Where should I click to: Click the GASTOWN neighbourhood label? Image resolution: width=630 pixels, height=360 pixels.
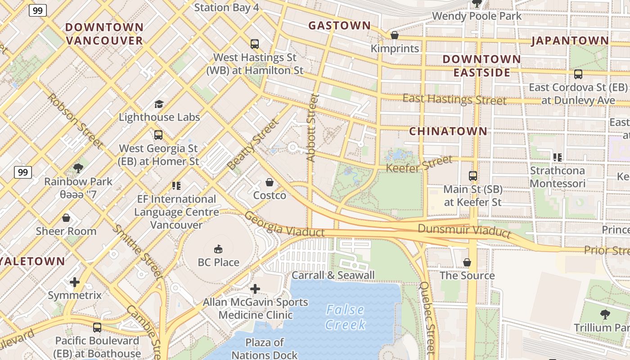(x=339, y=26)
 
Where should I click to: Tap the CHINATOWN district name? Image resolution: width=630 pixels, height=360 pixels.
(x=448, y=131)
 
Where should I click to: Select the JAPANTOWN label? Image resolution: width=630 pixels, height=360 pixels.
(x=570, y=41)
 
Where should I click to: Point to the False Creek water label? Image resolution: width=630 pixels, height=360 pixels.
(x=346, y=317)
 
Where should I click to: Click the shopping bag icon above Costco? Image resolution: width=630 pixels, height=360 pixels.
(x=270, y=182)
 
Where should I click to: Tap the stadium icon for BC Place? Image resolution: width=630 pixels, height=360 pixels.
(x=218, y=249)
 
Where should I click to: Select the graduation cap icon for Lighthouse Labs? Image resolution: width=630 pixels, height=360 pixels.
(x=159, y=104)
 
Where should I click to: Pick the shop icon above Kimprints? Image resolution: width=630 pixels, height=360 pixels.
(x=395, y=35)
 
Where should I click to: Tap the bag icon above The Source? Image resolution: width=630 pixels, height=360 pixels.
(x=467, y=262)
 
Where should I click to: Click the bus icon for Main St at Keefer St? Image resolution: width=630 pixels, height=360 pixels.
(x=472, y=176)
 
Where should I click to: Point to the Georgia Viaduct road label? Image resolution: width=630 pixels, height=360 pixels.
(x=284, y=225)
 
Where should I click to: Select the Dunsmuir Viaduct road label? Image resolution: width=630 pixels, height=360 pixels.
(x=464, y=230)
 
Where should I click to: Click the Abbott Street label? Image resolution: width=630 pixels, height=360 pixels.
(x=312, y=127)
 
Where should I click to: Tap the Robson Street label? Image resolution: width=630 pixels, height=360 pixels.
(x=75, y=121)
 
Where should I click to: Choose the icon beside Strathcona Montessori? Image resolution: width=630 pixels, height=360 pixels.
(x=558, y=157)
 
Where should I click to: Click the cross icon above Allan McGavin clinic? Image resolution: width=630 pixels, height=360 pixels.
(x=255, y=288)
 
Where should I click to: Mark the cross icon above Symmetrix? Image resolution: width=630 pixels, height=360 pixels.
(x=75, y=282)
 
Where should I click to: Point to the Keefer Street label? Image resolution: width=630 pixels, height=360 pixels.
(x=419, y=164)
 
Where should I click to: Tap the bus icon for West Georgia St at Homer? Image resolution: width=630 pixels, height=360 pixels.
(x=158, y=135)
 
